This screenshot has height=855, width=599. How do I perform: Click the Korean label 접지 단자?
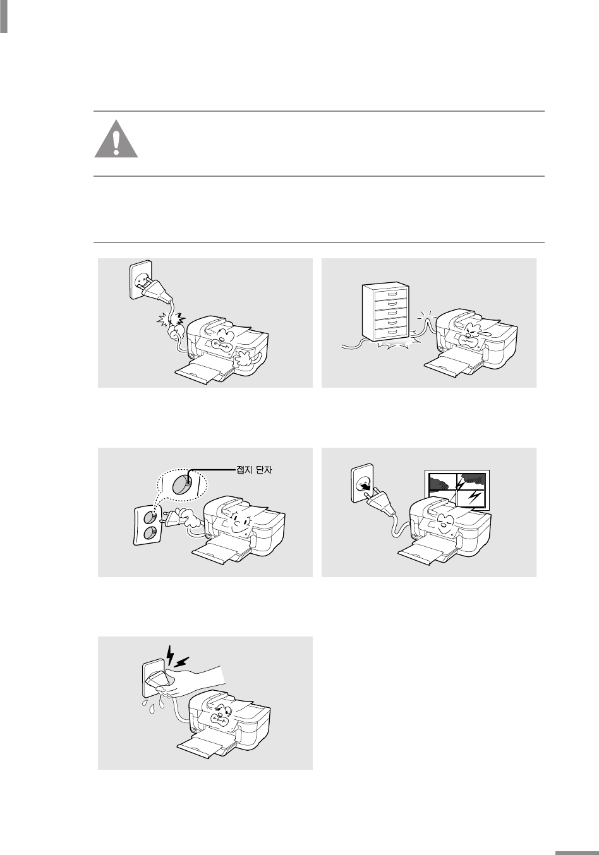(254, 470)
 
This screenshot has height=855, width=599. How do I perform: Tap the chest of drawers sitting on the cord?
(385, 311)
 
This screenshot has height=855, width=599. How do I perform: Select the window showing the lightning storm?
(457, 490)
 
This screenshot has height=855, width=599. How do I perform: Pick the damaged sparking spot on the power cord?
(172, 323)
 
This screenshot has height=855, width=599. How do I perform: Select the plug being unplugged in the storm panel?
(380, 503)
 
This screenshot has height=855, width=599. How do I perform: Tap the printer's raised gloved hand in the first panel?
(244, 359)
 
